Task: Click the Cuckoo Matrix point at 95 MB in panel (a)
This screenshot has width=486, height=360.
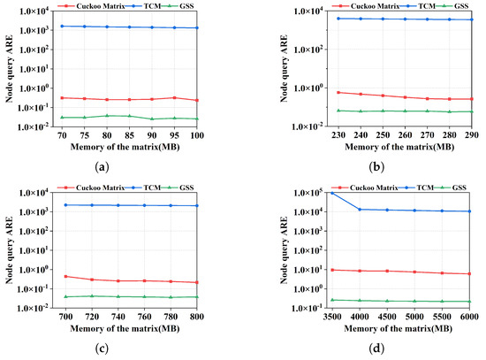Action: click(175, 97)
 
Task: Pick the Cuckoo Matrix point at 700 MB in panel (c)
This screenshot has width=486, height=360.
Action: click(65, 276)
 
